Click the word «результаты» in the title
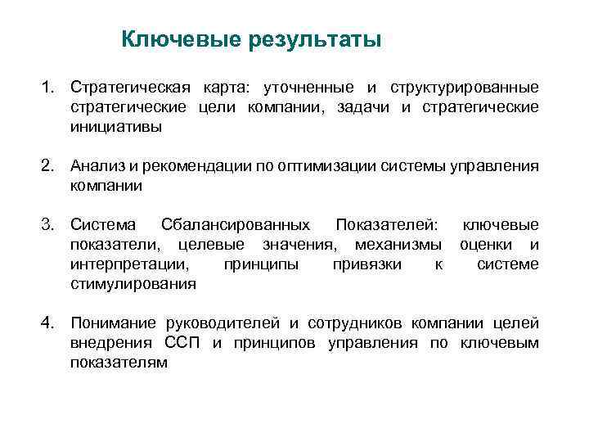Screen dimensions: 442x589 coord(316,39)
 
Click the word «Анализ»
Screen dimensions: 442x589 coord(97,166)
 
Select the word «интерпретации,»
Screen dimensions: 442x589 coord(129,264)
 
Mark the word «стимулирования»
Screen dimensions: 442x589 coord(133,284)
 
